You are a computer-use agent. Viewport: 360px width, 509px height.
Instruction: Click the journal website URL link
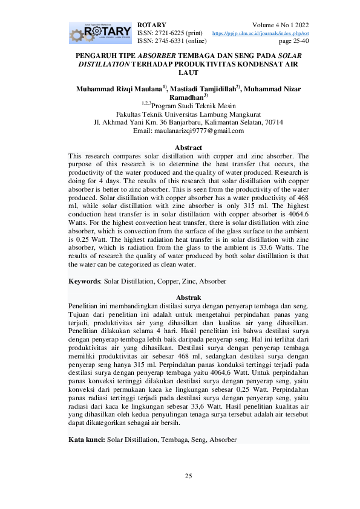coord(260,33)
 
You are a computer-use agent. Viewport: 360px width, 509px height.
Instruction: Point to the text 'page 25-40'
coord(293,41)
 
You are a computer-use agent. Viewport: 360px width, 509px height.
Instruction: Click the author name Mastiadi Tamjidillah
coord(208,89)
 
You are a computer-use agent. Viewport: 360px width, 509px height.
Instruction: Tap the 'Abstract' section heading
coord(188,148)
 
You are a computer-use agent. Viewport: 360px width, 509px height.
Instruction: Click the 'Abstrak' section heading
coord(188,297)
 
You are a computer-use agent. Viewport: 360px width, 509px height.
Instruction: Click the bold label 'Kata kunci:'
coord(87,439)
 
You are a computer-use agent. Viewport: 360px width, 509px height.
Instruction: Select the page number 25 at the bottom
coord(188,477)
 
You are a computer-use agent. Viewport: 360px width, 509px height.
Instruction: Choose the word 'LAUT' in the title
coord(188,72)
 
